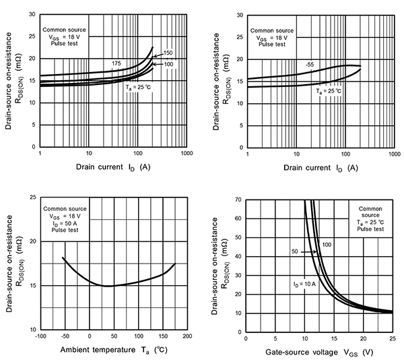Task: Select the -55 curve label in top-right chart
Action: (310, 64)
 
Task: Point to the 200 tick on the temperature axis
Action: (187, 335)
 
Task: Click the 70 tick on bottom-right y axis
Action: (238, 200)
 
